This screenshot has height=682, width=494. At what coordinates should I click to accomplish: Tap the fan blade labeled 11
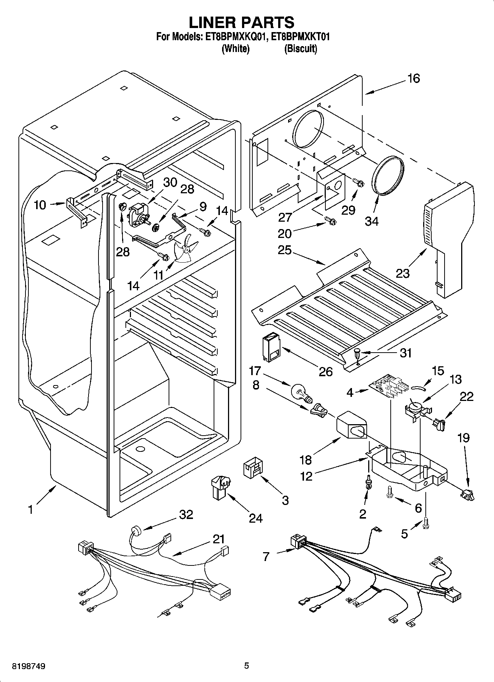(185, 248)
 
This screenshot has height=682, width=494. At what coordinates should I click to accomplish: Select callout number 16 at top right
(414, 78)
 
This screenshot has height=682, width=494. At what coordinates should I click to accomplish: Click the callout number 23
(403, 273)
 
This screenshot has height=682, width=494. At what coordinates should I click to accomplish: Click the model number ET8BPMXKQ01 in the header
(234, 37)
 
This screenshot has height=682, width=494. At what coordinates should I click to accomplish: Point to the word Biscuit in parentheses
(301, 49)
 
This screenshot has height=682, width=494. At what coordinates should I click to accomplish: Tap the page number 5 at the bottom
(246, 666)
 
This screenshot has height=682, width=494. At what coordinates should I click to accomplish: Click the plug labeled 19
(467, 495)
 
